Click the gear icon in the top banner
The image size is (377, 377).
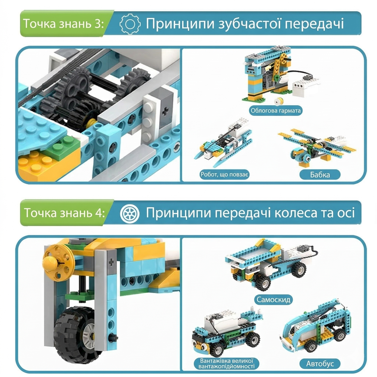[x=130, y=24]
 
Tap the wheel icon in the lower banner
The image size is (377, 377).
[x=130, y=213]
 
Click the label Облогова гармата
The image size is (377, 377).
[x=275, y=110]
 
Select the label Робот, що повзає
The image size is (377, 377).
[x=224, y=174]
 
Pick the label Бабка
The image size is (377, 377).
[x=320, y=175]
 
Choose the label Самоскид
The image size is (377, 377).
[x=274, y=300]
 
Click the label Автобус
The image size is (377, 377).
[x=320, y=363]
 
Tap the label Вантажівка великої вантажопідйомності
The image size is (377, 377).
[x=226, y=363]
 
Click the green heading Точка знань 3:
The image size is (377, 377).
[x=63, y=24]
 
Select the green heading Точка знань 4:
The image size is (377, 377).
[x=64, y=213]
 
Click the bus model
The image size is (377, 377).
[x=316, y=327]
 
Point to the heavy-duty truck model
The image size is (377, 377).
[x=226, y=332]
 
